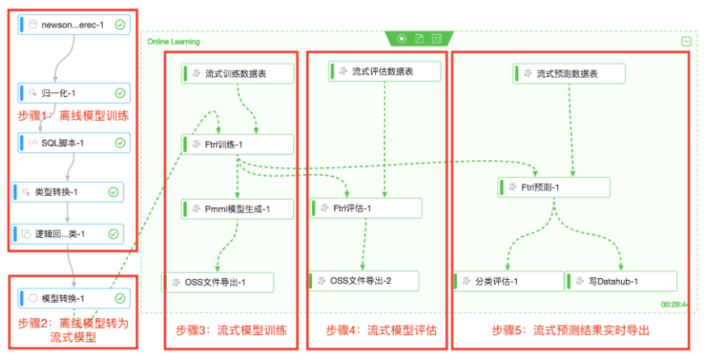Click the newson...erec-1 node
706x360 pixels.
(72, 25)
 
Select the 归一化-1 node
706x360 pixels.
(72, 93)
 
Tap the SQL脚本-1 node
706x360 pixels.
(72, 143)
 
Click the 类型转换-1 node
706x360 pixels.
(67, 193)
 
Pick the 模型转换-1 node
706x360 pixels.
(72, 299)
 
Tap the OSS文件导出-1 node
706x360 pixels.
(218, 282)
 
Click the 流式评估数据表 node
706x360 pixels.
(384, 71)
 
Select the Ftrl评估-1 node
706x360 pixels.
(366, 208)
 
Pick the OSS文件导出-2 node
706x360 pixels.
(364, 281)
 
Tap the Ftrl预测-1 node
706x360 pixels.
(554, 188)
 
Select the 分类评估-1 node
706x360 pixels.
(508, 281)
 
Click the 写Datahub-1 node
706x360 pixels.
(621, 281)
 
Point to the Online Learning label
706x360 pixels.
(173, 41)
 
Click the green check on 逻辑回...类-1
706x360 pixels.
(113, 234)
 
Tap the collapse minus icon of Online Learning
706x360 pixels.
(686, 41)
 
